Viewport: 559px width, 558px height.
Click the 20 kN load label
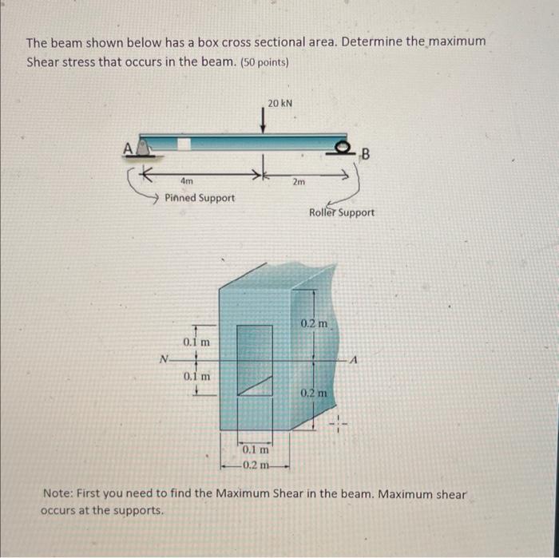(x=279, y=103)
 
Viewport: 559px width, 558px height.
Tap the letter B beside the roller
(x=367, y=153)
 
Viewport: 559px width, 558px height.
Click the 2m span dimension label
(x=299, y=182)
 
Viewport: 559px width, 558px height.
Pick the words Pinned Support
(x=200, y=197)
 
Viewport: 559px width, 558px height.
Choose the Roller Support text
(x=341, y=213)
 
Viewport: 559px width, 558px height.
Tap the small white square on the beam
(x=184, y=143)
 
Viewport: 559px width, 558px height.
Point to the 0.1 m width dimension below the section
(x=256, y=452)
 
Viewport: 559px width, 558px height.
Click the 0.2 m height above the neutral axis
(x=313, y=324)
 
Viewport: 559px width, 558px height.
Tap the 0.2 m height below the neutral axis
(x=313, y=394)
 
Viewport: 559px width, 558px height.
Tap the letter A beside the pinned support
(x=126, y=147)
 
